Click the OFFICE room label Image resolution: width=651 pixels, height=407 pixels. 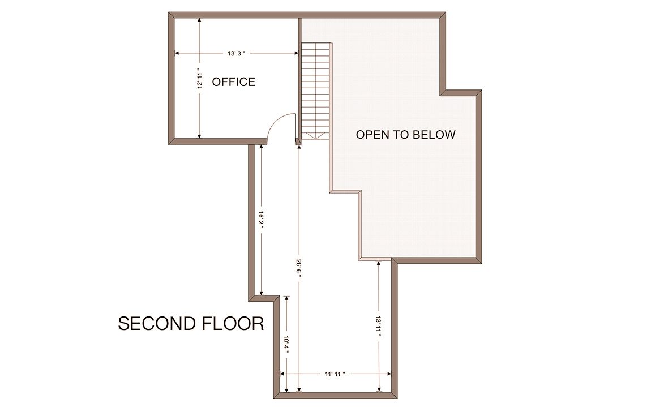[233, 82]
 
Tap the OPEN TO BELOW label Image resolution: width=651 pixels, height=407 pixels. [406, 135]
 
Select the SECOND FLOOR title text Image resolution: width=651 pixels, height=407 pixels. [191, 324]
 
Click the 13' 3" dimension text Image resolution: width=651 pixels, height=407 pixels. [237, 53]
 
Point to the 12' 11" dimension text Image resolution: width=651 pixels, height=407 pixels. [200, 78]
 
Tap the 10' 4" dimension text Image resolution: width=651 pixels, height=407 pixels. [286, 344]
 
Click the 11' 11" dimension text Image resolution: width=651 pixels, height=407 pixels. [335, 374]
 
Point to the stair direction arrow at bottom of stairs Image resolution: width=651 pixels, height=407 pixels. [316, 136]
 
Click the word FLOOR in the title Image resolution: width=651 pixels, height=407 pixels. [232, 324]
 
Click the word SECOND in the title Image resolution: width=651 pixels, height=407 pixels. [156, 324]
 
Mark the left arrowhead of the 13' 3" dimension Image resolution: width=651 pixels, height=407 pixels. [177, 53]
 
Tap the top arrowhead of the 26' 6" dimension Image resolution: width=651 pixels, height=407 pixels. [298, 146]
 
